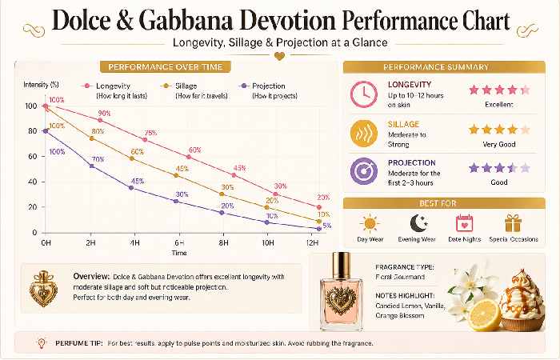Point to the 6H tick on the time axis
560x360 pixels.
click(x=180, y=241)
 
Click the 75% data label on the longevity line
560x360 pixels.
click(x=150, y=133)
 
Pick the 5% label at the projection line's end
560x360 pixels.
click(x=326, y=226)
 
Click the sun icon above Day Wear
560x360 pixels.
click(x=370, y=223)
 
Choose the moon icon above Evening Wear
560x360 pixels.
click(x=418, y=223)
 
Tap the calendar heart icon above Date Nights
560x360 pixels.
click(x=464, y=223)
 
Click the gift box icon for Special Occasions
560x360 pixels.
click(x=513, y=223)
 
